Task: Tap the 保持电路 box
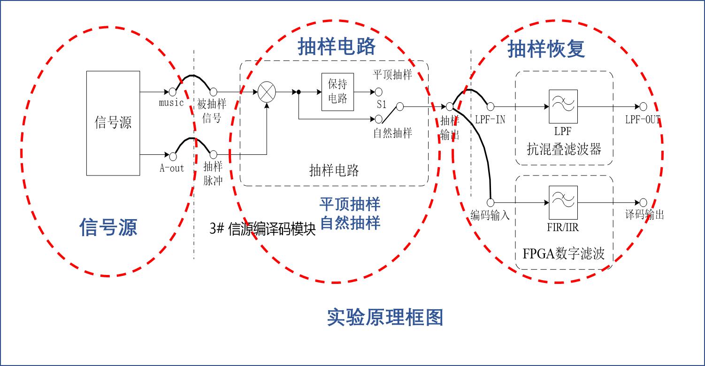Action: [337, 92]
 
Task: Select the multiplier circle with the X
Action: [267, 92]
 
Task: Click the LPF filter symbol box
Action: [563, 107]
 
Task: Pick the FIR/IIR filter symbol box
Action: [563, 202]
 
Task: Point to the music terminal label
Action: [171, 103]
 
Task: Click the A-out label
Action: [171, 168]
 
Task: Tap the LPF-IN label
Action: [490, 120]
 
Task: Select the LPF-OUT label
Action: [643, 120]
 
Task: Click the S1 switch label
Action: [382, 104]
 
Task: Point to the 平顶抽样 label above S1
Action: [392, 75]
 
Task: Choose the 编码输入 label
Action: [490, 215]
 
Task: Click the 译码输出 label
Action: [644, 214]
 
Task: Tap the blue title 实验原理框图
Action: [385, 317]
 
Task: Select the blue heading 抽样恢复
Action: [546, 49]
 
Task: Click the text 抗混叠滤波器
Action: [564, 149]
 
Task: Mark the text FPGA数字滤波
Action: [563, 253]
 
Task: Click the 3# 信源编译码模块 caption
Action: [262, 229]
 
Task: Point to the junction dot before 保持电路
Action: [299, 92]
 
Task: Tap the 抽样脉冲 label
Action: [213, 174]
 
